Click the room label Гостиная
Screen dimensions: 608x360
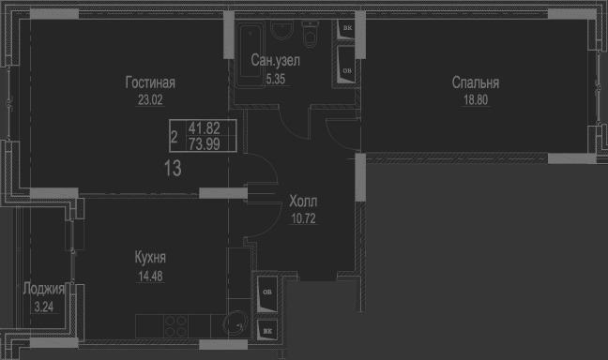pyautogui.click(x=150, y=82)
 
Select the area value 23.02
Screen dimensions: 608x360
pyautogui.click(x=150, y=100)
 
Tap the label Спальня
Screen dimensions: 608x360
pyautogui.click(x=476, y=82)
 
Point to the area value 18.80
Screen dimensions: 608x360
pyautogui.click(x=476, y=100)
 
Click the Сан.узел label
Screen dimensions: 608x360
pyautogui.click(x=275, y=60)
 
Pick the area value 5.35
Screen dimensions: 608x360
pyautogui.click(x=276, y=79)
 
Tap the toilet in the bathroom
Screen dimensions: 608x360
pyautogui.click(x=311, y=34)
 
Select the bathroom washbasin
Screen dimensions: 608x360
pyautogui.click(x=282, y=30)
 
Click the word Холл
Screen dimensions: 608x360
pyautogui.click(x=303, y=202)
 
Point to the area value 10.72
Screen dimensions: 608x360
pyautogui.click(x=304, y=218)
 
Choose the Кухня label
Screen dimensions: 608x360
pyautogui.click(x=150, y=258)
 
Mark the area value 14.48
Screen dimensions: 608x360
pyautogui.click(x=150, y=277)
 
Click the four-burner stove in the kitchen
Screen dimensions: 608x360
pyautogui.click(x=175, y=326)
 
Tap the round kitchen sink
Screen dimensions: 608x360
pyautogui.click(x=236, y=324)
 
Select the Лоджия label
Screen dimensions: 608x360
pyautogui.click(x=43, y=289)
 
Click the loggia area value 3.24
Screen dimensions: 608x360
pyautogui.click(x=44, y=307)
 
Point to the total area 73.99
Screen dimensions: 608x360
pyautogui.click(x=205, y=144)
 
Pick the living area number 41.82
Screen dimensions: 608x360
pyautogui.click(x=205, y=127)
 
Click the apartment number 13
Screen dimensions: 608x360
pyautogui.click(x=173, y=169)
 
